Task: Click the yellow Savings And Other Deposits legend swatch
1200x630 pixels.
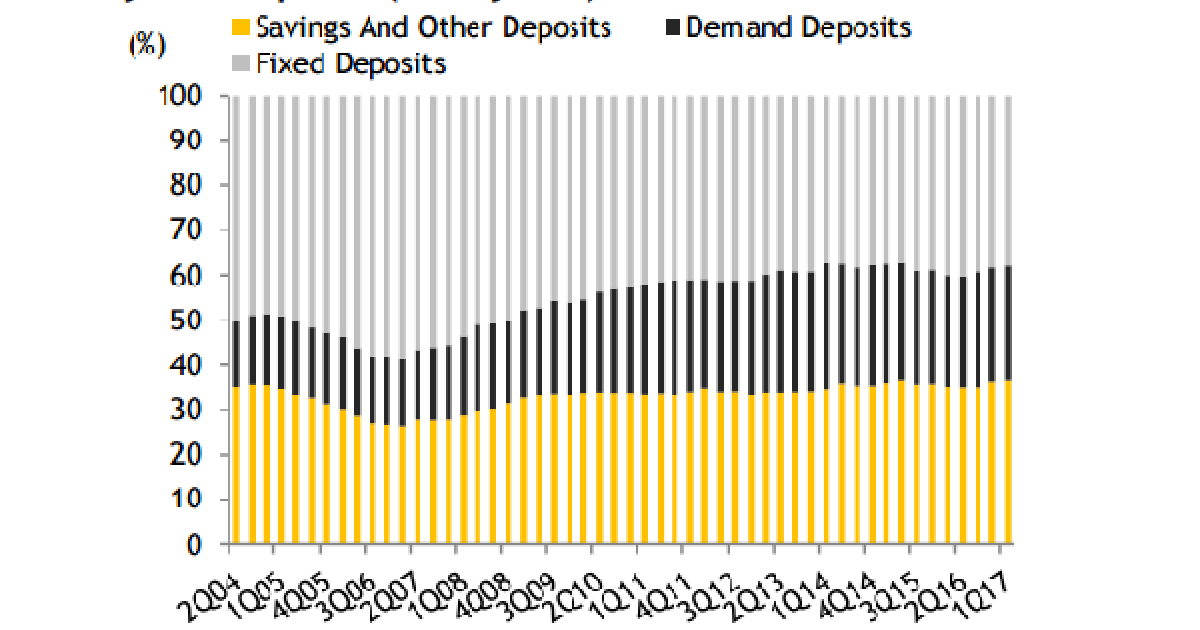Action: (240, 27)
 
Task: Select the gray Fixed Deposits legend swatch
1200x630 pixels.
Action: (240, 65)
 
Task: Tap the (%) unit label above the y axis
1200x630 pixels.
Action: (147, 48)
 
